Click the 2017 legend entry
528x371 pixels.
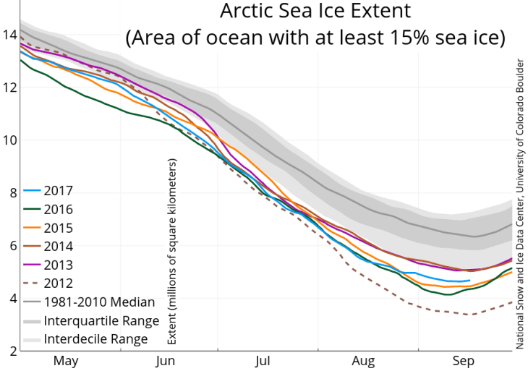tap(57, 192)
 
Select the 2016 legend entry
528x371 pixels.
tap(57, 210)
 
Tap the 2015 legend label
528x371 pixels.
tap(57, 229)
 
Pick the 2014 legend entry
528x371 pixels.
tap(57, 247)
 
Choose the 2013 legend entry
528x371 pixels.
tap(57, 265)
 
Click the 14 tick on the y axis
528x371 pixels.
tap(9, 35)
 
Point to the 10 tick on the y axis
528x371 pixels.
tap(9, 140)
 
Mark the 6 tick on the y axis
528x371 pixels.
tap(9, 245)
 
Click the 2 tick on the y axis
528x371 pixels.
tap(9, 351)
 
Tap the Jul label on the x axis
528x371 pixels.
tap(263, 361)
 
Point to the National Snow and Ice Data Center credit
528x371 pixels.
tap(519, 202)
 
